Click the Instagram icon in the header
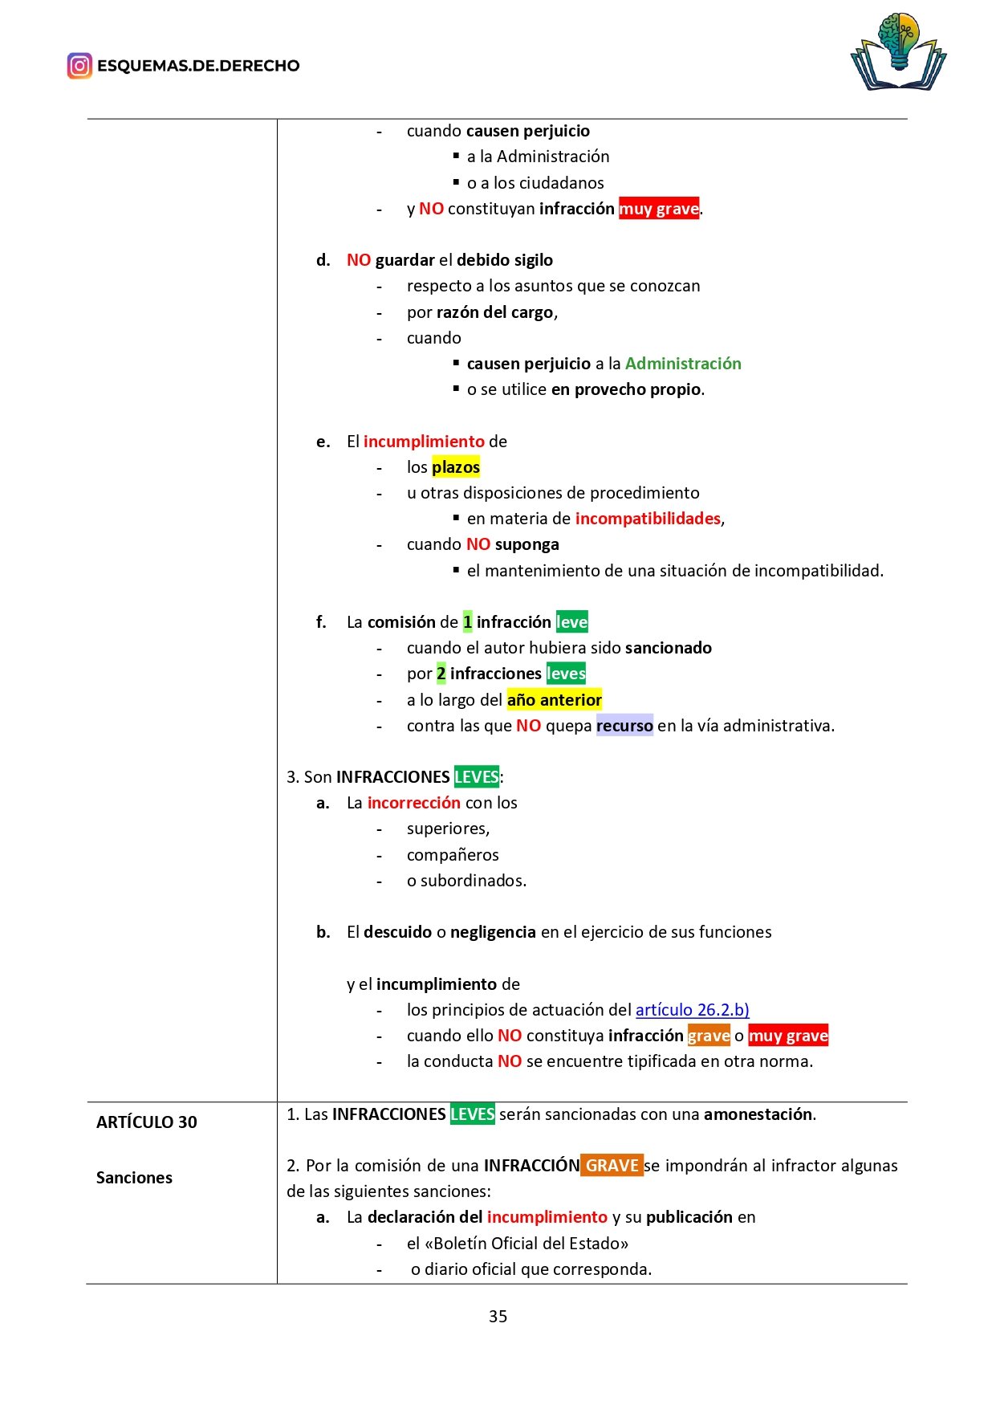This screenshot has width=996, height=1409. tap(79, 66)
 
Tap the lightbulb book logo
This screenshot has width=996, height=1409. tap(898, 51)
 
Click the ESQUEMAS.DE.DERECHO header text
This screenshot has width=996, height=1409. tap(198, 66)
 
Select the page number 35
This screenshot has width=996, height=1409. tap(498, 1317)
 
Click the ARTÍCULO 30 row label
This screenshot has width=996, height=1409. tap(147, 1122)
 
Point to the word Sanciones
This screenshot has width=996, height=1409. tap(134, 1178)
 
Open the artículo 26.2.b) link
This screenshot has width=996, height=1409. tap(692, 1010)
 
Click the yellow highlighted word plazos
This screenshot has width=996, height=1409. tap(456, 467)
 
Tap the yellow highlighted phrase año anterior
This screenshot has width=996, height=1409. tap(554, 700)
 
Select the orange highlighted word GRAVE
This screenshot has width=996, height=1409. tap(612, 1166)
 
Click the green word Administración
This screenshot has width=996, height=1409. tap(683, 364)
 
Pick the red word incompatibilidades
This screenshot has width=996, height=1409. tap(648, 519)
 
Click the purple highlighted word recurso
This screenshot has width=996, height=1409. tap(624, 726)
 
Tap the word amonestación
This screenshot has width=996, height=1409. tap(758, 1114)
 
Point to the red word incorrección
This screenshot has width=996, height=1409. tap(413, 803)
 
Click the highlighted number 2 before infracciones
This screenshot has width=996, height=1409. tap(441, 674)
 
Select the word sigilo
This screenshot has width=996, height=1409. tap(526, 260)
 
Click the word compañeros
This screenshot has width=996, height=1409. tap(453, 855)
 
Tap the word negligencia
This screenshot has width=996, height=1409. tap(493, 932)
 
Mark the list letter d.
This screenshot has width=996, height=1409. tap(323, 260)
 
